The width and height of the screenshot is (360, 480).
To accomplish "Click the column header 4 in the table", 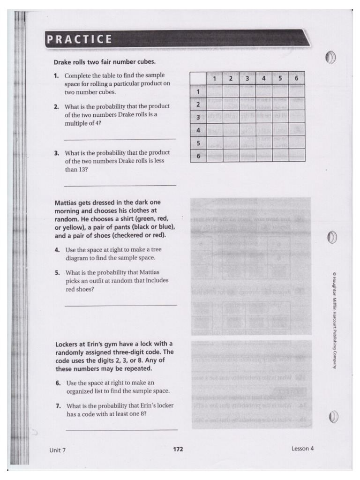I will point(264,78).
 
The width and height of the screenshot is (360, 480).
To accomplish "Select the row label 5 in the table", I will point(198,142).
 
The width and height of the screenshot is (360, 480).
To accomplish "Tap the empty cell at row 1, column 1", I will point(215,91).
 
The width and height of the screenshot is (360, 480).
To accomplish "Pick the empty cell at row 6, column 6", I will point(296,156).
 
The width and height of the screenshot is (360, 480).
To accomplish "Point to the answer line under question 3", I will point(120,185).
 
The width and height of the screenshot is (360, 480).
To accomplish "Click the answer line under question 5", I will point(121,305).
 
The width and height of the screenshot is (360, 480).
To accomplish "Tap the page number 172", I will point(178,449).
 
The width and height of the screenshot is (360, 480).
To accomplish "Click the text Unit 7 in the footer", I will point(58,450).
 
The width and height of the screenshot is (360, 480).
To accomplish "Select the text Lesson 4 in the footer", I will point(302,448).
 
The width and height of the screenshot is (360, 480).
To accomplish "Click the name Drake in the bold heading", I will point(62,62).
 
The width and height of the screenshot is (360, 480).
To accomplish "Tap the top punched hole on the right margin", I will point(330,58).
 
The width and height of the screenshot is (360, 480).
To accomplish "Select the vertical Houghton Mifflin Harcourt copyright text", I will point(334,320).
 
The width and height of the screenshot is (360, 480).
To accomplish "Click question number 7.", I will point(57,406).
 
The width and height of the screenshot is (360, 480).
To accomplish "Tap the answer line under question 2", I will point(120,139).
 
